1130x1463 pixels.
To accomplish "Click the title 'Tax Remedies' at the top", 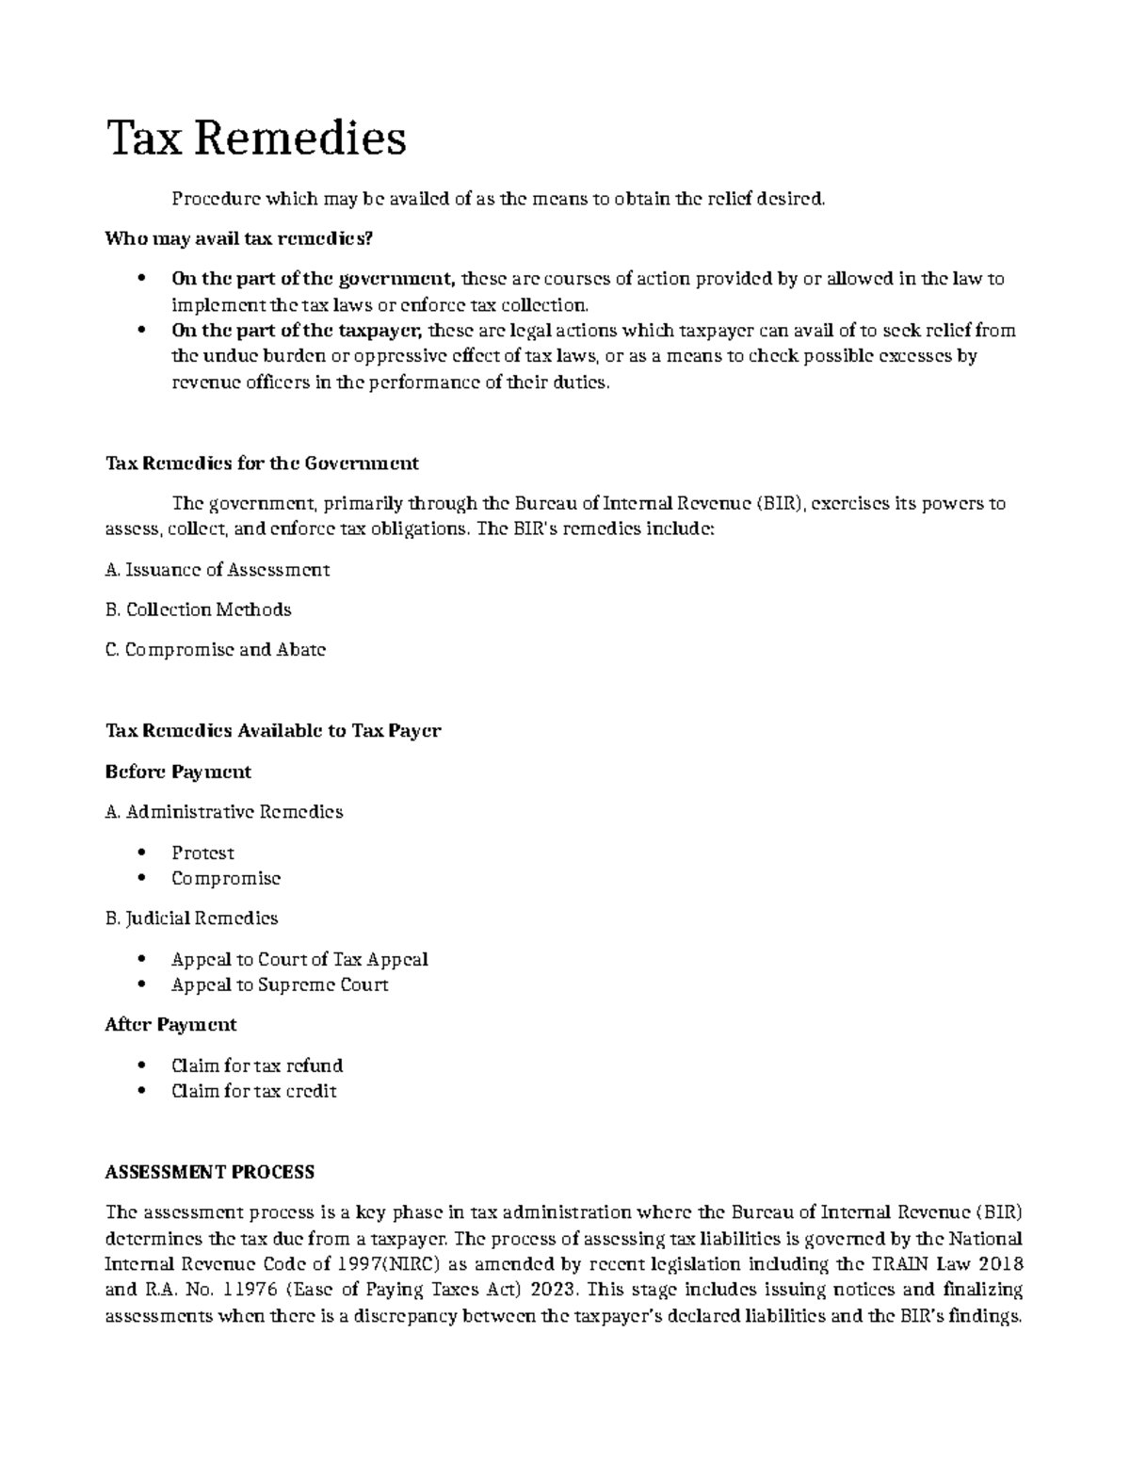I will (256, 138).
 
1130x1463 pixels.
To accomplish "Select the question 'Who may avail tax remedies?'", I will (238, 238).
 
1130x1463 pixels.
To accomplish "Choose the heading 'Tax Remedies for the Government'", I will (262, 463).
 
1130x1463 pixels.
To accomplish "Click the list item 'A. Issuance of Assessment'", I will (217, 570).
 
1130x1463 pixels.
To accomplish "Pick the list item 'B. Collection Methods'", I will (198, 610).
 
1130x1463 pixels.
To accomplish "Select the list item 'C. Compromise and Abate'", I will (215, 650).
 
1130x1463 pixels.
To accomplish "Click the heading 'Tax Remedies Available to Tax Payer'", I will (272, 731).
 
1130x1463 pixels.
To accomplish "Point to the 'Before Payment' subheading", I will (177, 772).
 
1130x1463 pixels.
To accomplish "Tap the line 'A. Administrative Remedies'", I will (223, 812).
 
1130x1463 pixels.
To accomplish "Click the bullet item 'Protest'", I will (202, 853).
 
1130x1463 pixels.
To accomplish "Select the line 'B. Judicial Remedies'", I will (191, 918).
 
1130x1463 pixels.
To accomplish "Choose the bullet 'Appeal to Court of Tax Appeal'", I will (299, 959).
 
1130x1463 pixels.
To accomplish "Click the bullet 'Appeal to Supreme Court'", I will (280, 984).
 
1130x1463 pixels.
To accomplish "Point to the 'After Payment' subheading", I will (170, 1025).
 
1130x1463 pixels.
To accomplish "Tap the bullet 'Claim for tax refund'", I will (257, 1065).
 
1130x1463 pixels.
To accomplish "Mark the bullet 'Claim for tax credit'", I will (253, 1091).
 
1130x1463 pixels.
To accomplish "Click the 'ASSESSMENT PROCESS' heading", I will (209, 1173).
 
